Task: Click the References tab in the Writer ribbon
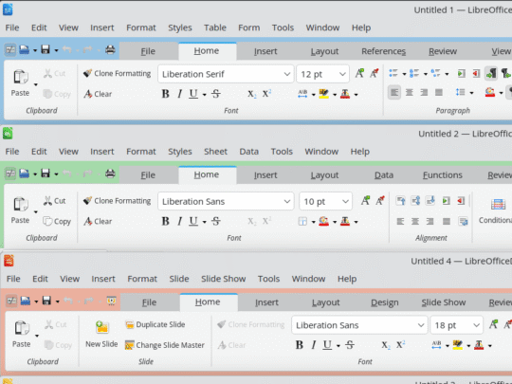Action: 383,51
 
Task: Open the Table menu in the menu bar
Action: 215,27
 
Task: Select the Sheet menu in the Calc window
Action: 215,152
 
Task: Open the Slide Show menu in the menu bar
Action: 224,279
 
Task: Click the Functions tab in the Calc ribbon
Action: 443,175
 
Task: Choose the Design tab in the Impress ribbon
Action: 385,302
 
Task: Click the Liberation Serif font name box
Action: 226,74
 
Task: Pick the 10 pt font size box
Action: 325,201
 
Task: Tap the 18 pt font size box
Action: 456,325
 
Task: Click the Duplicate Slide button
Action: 155,324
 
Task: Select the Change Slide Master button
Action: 165,345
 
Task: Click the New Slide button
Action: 101,334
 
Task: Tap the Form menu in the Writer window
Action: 248,27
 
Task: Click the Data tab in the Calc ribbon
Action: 384,175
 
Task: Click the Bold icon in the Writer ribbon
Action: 166,94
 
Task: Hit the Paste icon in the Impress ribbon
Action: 22,328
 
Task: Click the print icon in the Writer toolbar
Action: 110,49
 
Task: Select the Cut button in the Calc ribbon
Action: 55,201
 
